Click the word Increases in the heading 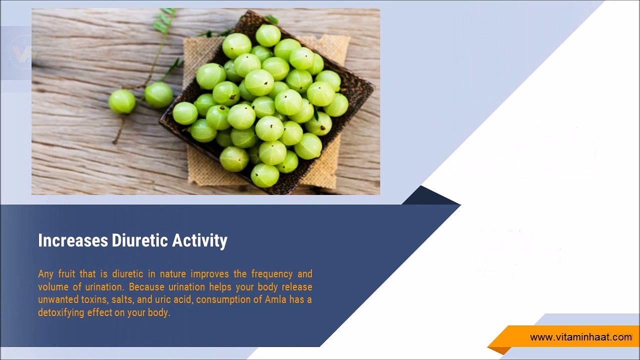coord(73,240)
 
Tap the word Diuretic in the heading coord(139,240)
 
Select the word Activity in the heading coord(199,241)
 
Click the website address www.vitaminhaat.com coord(581,337)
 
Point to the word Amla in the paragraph coord(275,299)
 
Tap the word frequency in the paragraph coord(272,274)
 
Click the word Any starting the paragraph coord(45,274)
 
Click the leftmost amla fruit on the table coord(122,101)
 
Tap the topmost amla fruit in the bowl coord(268,35)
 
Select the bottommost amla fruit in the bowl coord(265,175)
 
